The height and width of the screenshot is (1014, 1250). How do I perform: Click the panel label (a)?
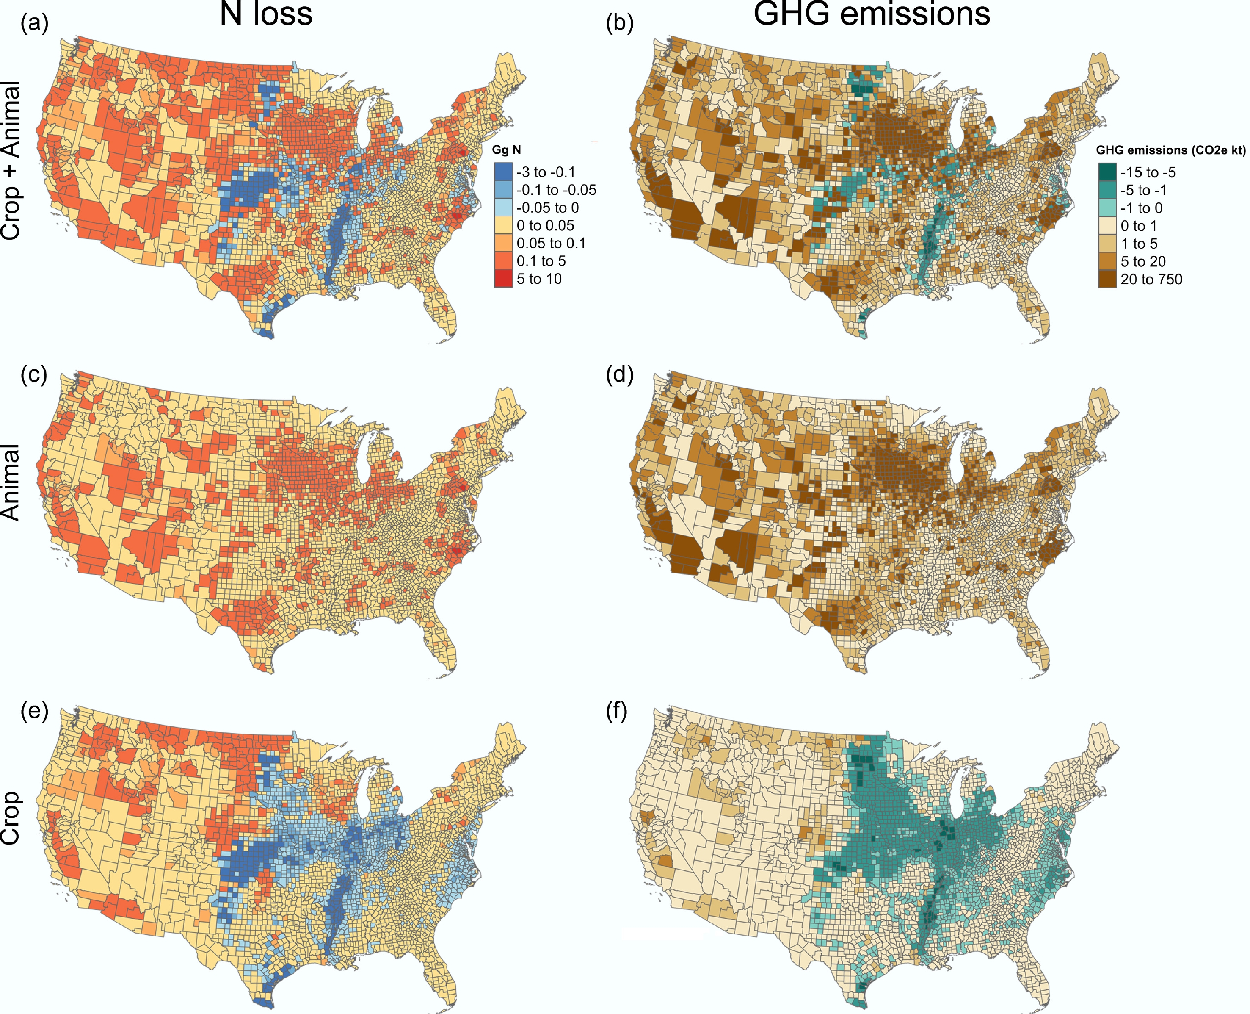click(34, 25)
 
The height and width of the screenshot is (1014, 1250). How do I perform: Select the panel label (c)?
click(34, 374)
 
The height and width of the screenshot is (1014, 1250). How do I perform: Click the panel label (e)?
click(34, 712)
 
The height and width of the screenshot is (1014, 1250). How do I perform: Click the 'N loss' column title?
click(266, 14)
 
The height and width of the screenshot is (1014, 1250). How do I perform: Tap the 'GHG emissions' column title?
click(872, 14)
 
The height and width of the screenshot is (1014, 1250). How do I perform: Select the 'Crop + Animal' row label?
click(12, 161)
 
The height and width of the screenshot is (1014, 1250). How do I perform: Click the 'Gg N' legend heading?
click(506, 150)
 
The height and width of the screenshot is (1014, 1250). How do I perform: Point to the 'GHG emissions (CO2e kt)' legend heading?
click(1170, 150)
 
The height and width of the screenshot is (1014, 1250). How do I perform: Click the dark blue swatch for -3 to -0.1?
click(503, 172)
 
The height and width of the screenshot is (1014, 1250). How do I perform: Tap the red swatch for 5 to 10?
click(503, 279)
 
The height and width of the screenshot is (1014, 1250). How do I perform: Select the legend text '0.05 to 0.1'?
click(551, 243)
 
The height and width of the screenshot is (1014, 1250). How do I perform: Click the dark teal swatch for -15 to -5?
click(1107, 172)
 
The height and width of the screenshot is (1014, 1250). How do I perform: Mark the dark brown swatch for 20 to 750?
click(1107, 279)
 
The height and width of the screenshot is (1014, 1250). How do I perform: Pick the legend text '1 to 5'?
click(1139, 244)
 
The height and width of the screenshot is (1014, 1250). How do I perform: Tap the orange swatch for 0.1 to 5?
click(503, 260)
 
